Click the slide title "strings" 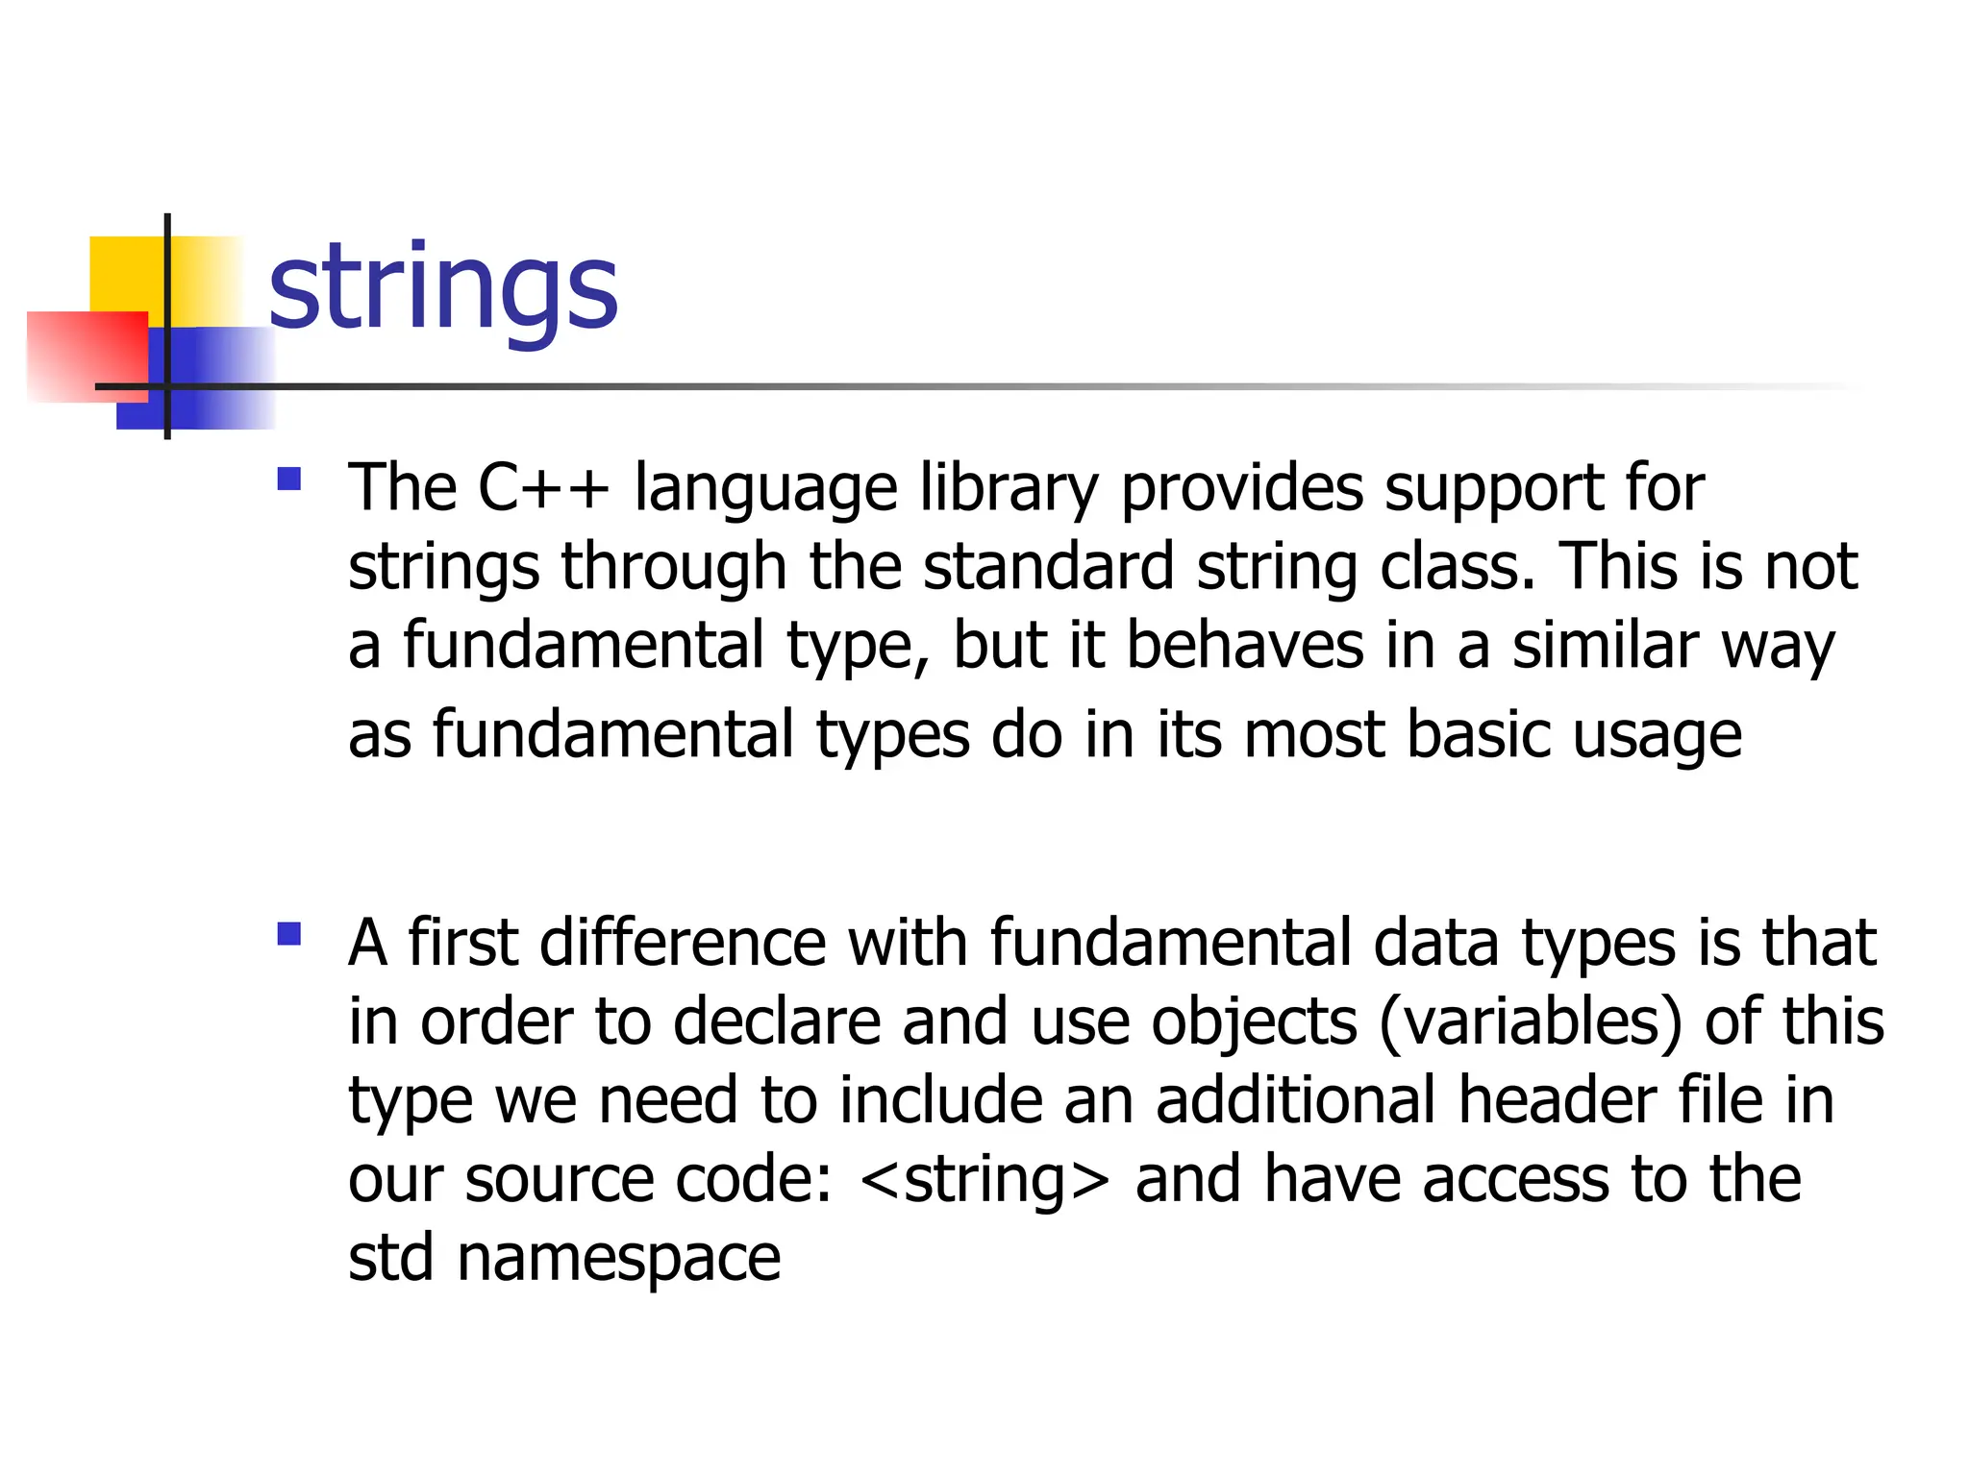point(442,288)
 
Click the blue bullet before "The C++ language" point(288,479)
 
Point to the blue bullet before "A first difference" point(288,933)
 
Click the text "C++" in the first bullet point(543,488)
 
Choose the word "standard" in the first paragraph point(1048,567)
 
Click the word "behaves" point(1245,645)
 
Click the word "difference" point(683,943)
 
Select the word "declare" point(777,1021)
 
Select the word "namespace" point(618,1259)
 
